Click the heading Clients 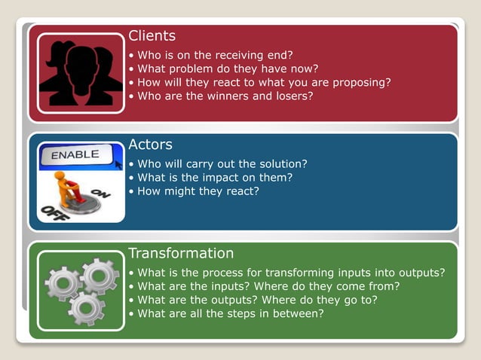pos(152,35)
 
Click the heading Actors pos(150,144)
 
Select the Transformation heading pos(181,253)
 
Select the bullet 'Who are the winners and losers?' pos(225,96)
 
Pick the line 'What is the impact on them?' pos(214,177)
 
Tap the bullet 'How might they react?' pos(198,191)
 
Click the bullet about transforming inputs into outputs pos(290,273)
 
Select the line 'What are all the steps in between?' pos(230,313)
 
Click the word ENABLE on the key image pos(75,154)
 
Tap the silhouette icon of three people pos(80,73)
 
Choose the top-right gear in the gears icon pos(100,275)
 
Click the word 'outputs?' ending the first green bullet pos(421,273)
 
